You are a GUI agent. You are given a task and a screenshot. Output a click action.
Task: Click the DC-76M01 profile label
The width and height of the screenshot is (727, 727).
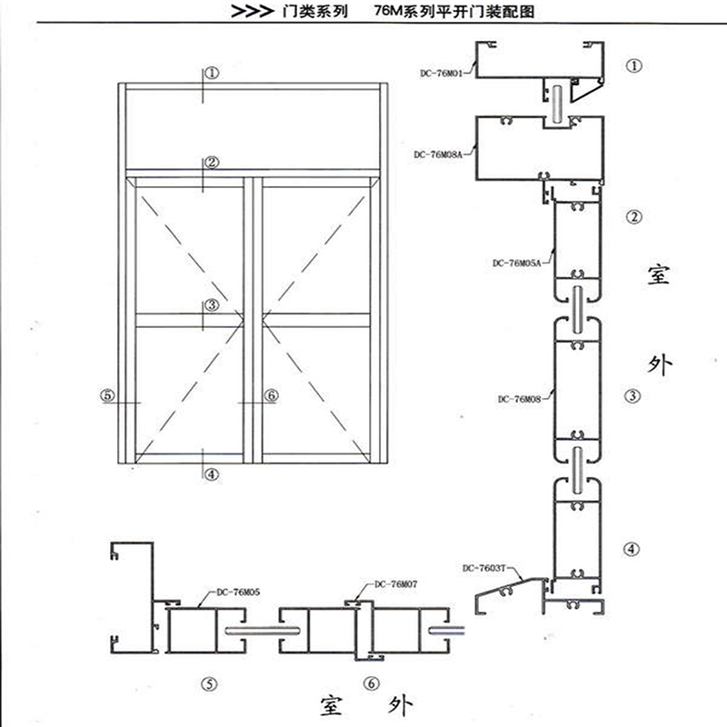click(x=442, y=74)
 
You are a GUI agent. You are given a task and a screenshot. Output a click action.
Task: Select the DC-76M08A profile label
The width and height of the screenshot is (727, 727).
click(x=438, y=154)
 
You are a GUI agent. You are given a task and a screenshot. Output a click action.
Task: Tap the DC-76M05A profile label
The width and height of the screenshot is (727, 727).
click(x=516, y=264)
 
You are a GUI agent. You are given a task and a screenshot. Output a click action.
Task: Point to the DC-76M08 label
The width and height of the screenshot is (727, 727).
click(x=519, y=399)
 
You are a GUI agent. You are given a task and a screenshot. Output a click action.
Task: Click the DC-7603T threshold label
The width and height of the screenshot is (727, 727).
click(x=484, y=568)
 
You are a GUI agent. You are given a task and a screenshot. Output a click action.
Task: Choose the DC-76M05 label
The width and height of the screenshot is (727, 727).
click(x=238, y=593)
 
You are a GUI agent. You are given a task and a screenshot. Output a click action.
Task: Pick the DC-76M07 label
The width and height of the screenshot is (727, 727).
click(x=396, y=584)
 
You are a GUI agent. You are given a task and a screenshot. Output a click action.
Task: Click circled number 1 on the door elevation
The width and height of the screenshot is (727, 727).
click(x=212, y=73)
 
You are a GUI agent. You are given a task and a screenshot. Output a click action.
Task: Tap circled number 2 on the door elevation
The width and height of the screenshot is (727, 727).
click(x=212, y=163)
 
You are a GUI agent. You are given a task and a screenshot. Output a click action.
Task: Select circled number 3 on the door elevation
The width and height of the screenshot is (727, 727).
click(x=212, y=304)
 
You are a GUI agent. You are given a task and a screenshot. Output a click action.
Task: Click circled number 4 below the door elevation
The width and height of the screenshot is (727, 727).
click(x=212, y=474)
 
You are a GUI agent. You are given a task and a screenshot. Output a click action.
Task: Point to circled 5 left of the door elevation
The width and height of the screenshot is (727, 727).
click(x=107, y=395)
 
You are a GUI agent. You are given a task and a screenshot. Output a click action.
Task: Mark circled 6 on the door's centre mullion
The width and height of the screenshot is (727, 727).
click(x=271, y=395)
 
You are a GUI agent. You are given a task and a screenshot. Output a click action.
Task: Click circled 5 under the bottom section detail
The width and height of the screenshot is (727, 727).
click(x=209, y=684)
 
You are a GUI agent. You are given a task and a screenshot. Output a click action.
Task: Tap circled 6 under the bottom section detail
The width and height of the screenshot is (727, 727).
click(x=372, y=683)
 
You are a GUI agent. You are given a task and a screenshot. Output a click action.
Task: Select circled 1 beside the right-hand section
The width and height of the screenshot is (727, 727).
click(x=634, y=65)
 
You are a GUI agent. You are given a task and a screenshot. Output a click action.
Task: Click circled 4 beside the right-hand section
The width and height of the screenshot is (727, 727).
click(x=631, y=550)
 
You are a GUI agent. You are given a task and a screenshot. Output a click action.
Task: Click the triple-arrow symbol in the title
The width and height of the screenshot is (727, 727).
click(x=252, y=12)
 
